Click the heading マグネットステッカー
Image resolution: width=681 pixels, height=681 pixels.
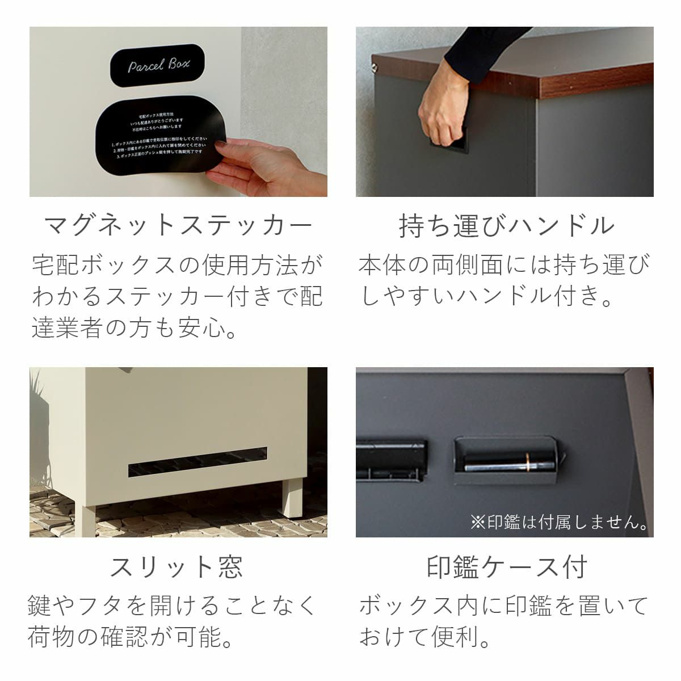pyautogui.click(x=178, y=225)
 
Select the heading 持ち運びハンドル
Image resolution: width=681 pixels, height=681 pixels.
pyautogui.click(x=506, y=225)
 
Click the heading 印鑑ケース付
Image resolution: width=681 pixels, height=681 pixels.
pyautogui.click(x=506, y=566)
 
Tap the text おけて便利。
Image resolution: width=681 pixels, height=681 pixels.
pyautogui.click(x=426, y=637)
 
